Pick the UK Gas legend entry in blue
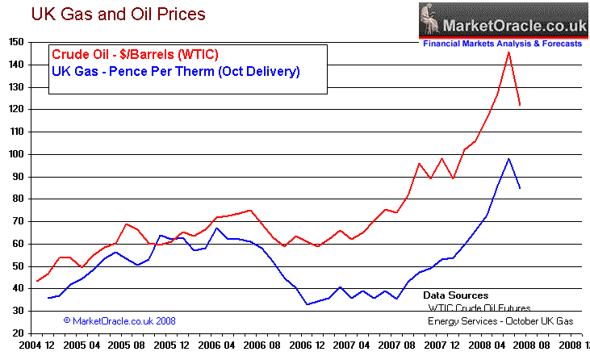(175, 72)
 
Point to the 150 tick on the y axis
(15, 41)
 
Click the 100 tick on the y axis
(15, 153)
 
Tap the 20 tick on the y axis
(18, 333)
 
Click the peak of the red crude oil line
(508, 52)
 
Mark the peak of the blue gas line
(508, 158)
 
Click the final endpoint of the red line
(520, 105)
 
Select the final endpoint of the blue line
(520, 188)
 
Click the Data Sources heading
(456, 295)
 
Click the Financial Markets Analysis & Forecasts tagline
(501, 44)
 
